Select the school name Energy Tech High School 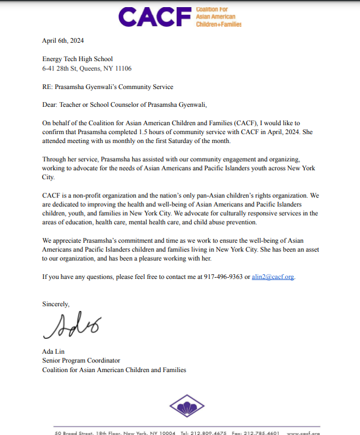tap(78, 59)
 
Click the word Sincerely tap(56, 304)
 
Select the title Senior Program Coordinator tap(81, 360)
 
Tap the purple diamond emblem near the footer tap(187, 407)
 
